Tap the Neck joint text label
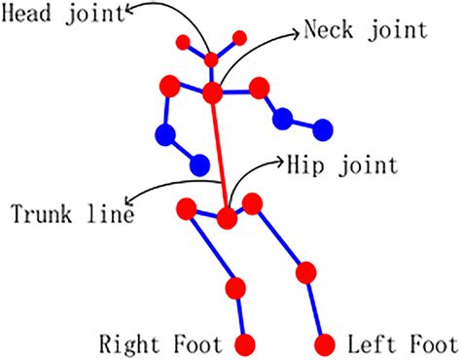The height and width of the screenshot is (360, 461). pyautogui.click(x=365, y=29)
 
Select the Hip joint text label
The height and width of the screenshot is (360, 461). pyautogui.click(x=341, y=165)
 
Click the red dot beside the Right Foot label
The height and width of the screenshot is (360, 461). pyautogui.click(x=244, y=344)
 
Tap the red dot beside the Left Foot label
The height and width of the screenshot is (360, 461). pyautogui.click(x=326, y=344)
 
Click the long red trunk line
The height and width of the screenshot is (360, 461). pyautogui.click(x=220, y=156)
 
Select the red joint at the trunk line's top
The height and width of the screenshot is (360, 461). pyautogui.click(x=213, y=92)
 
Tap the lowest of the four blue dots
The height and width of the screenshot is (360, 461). pyautogui.click(x=199, y=163)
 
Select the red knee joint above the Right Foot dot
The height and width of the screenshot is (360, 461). pyautogui.click(x=234, y=288)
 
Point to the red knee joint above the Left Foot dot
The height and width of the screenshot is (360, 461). pyautogui.click(x=307, y=271)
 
